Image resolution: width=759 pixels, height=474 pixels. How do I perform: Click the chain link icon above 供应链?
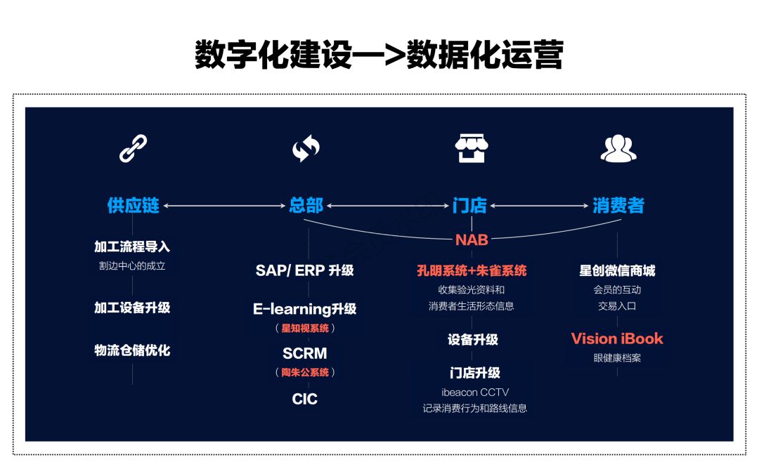click(133, 148)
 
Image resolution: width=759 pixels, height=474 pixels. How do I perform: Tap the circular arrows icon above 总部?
click(306, 148)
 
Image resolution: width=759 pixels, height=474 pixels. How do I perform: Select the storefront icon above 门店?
click(471, 148)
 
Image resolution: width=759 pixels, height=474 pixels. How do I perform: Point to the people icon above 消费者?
click(618, 148)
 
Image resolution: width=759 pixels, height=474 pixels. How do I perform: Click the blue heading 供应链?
click(133, 206)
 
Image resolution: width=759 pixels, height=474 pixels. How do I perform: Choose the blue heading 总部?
click(306, 206)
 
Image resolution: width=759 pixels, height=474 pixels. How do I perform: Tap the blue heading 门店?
click(470, 206)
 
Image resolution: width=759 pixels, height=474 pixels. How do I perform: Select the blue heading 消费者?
click(618, 206)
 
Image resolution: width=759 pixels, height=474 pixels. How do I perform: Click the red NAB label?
click(472, 239)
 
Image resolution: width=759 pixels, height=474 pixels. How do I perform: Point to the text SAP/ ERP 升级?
click(304, 270)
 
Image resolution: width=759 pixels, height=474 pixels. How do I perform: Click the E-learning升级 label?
click(304, 309)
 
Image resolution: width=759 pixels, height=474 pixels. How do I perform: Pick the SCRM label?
click(304, 353)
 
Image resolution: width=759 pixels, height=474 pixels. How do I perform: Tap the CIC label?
click(304, 399)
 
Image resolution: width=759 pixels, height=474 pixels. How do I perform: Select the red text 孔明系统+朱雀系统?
click(472, 270)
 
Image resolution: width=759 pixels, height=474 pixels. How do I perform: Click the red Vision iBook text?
click(617, 338)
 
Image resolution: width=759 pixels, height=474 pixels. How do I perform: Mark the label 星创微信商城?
click(617, 270)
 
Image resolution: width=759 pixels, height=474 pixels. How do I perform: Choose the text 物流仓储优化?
click(132, 350)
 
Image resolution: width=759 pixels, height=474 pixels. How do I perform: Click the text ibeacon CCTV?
click(475, 392)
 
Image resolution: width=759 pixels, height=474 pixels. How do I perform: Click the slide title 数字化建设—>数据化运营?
click(379, 55)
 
